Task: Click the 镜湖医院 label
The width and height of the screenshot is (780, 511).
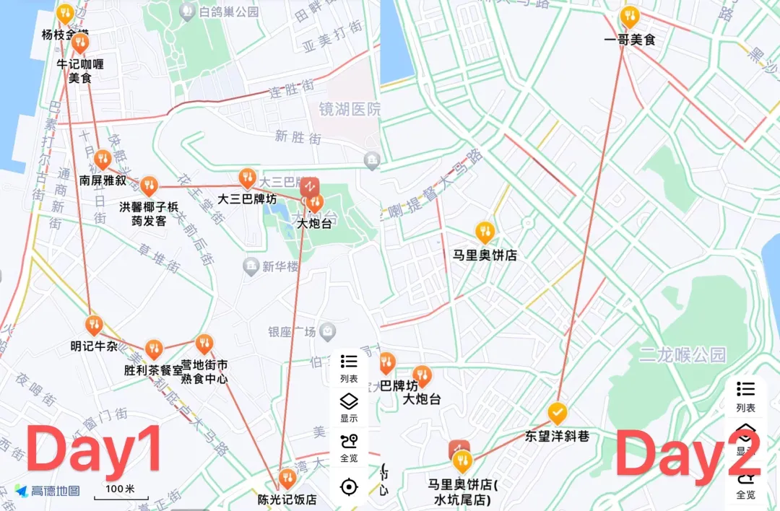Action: [x=350, y=109]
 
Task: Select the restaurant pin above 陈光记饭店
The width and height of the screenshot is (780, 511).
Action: [x=287, y=477]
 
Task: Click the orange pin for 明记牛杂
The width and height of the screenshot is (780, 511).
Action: [x=93, y=325]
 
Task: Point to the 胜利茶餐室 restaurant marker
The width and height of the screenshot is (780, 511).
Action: [x=153, y=349]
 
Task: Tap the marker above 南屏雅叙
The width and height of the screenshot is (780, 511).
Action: [x=103, y=159]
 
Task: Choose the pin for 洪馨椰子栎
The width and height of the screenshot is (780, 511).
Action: [x=148, y=185]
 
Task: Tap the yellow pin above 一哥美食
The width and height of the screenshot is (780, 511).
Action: [x=630, y=16]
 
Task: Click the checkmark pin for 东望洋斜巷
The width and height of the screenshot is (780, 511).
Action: [x=557, y=413]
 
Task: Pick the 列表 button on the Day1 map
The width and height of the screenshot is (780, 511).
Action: [x=349, y=367]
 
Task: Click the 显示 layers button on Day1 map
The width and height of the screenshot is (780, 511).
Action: [x=349, y=407]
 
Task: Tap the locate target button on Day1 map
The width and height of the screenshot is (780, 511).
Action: [x=349, y=487]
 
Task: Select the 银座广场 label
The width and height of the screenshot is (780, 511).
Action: [x=292, y=332]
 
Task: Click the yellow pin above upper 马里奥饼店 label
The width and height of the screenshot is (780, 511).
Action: [x=485, y=232]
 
